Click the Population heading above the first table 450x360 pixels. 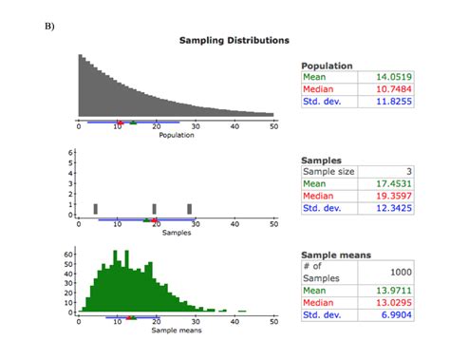coord(327,65)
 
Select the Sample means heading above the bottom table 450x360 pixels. coord(335,256)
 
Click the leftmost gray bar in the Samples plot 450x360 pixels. coord(96,209)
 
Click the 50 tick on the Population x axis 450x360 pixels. coord(273,126)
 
